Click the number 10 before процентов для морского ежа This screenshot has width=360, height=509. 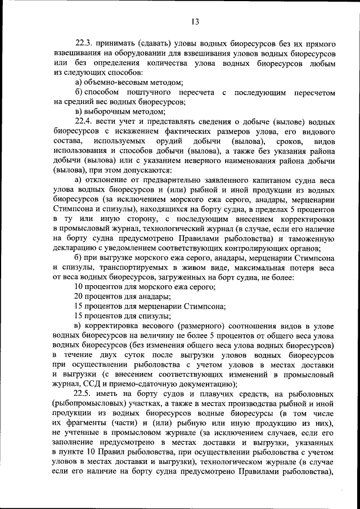[x=79, y=287]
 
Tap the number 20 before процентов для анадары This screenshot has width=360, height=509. [x=79, y=297]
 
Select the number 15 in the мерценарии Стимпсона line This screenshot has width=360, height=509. [x=79, y=307]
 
